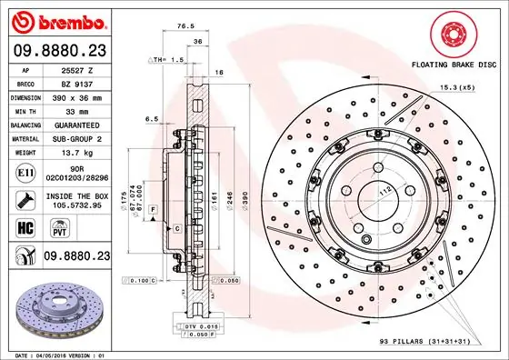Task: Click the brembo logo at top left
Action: (58, 20)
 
